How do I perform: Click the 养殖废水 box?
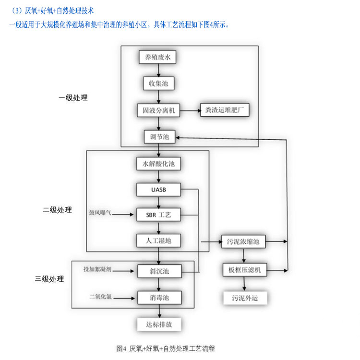(158, 58)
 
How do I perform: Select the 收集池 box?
(158, 84)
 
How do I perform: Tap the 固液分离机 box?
(158, 111)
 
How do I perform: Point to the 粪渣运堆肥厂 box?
(225, 110)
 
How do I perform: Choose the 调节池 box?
(158, 137)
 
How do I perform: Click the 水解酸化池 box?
(158, 164)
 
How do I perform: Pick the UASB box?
(158, 190)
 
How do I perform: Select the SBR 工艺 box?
(158, 215)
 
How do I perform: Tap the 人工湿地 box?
(158, 241)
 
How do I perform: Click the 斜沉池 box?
(158, 271)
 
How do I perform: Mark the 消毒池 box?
(158, 298)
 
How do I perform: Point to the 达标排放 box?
(158, 324)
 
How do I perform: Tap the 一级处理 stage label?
(73, 98)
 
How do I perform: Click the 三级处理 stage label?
(49, 279)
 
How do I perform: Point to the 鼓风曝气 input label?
(100, 212)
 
